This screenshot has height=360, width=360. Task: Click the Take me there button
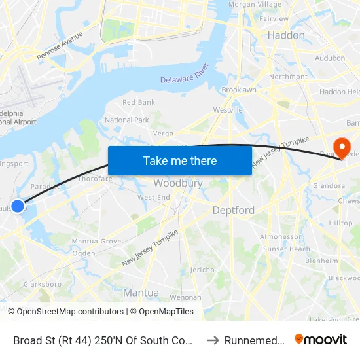pyautogui.click(x=179, y=160)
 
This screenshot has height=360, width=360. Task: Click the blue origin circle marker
pyautogui.click(x=18, y=206)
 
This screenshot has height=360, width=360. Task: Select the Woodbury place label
pyautogui.click(x=177, y=183)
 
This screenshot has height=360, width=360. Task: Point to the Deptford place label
pyautogui.click(x=234, y=210)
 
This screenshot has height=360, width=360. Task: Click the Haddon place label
pyautogui.click(x=286, y=35)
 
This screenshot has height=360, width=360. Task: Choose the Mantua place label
pyautogui.click(x=141, y=293)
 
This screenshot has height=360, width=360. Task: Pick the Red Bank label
pyautogui.click(x=139, y=103)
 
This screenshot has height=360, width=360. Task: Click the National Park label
pyautogui.click(x=127, y=120)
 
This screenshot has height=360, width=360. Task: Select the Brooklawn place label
pyautogui.click(x=239, y=90)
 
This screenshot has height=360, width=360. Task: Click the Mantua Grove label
pyautogui.click(x=96, y=242)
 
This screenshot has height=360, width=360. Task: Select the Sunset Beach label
pyautogui.click(x=287, y=249)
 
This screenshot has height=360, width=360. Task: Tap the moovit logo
pyautogui.click(x=321, y=340)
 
